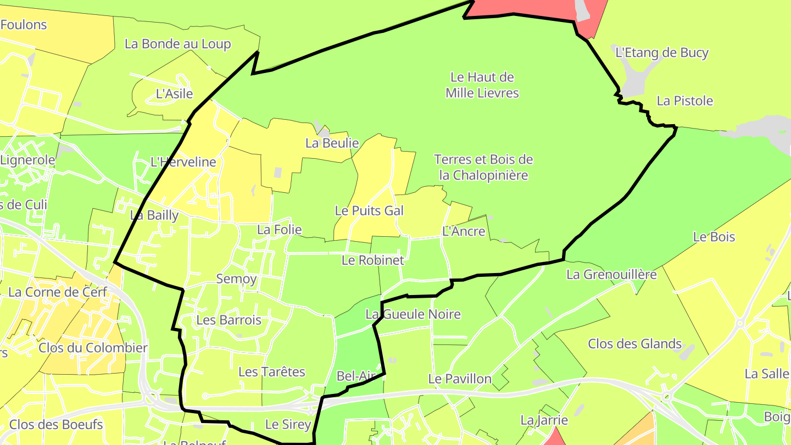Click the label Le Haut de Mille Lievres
coord(482,85)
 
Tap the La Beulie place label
coord(332,143)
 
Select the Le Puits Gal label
coord(369,210)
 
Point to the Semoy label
coord(236,279)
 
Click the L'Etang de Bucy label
coord(662,53)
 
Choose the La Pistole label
coord(685,101)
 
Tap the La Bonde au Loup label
coord(177,44)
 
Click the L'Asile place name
coord(175,93)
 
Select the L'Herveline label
coord(183,162)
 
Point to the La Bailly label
coord(154,215)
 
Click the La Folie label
coord(280,230)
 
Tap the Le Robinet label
coord(372,260)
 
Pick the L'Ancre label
coord(464,231)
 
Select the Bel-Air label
coord(355,376)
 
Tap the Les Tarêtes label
coord(271,372)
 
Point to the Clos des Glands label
coord(634,344)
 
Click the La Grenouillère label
coord(611,274)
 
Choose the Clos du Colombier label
coord(93,348)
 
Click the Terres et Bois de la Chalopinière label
coord(483,168)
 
